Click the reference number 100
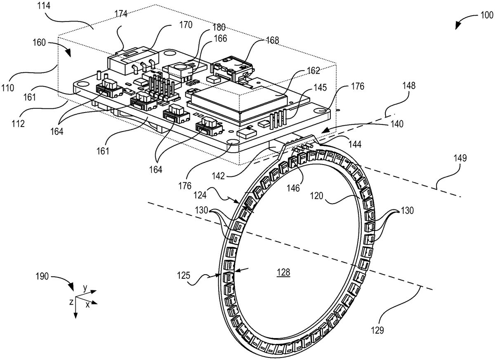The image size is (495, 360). tap(487, 15)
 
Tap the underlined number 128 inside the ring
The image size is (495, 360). tap(283, 272)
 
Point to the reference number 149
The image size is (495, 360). tap(460, 158)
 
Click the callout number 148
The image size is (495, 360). tap(409, 86)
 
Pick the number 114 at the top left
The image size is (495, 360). tap(44, 6)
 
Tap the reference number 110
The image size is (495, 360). tap(8, 88)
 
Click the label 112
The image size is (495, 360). tap(18, 124)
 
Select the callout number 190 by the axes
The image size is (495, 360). tap(42, 276)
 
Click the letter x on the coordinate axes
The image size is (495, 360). tap(88, 305)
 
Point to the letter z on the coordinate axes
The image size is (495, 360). tap(71, 302)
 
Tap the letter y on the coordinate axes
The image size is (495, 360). tap(85, 288)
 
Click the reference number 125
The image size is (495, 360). tap(184, 275)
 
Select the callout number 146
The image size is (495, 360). tap(293, 188)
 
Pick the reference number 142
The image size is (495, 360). tap(218, 176)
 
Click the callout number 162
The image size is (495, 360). tap(313, 71)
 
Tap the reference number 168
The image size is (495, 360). tap(272, 40)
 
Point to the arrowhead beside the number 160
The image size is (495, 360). tap(68, 53)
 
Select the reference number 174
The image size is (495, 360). tap(121, 14)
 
